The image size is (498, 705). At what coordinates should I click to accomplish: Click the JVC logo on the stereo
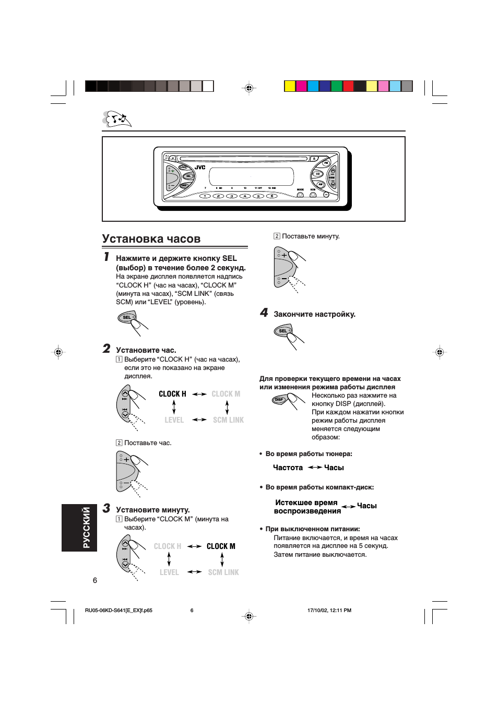200,168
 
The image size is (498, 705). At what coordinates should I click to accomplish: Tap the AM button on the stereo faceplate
321,184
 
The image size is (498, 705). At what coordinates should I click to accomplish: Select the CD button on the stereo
317,174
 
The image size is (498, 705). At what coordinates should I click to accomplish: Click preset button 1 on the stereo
205,196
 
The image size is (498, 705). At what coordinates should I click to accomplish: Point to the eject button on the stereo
314,158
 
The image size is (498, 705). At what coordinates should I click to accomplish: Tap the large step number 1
106,257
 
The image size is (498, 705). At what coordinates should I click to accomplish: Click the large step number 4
264,313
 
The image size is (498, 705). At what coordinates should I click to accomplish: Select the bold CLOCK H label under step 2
172,394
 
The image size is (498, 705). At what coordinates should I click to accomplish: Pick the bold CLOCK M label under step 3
221,546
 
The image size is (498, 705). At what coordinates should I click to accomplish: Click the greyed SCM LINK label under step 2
228,420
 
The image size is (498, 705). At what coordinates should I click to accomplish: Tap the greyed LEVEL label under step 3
169,572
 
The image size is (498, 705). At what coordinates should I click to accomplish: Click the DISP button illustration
279,400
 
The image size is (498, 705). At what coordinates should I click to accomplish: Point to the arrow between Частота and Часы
315,468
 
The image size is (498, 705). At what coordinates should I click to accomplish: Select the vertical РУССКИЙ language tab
79,528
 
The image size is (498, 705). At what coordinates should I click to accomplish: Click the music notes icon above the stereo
117,120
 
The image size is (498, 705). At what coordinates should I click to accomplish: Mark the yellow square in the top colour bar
290,86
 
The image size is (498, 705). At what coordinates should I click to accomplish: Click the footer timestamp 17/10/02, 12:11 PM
329,610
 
